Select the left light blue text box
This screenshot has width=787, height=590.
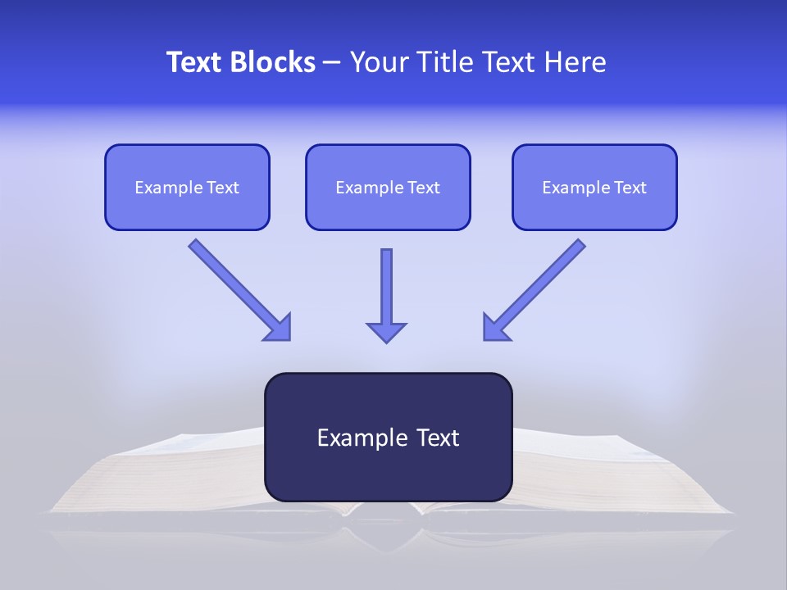tap(187, 187)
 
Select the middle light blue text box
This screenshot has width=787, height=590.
tap(388, 187)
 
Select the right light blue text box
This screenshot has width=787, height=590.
tap(594, 187)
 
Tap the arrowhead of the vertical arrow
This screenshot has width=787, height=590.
tap(386, 331)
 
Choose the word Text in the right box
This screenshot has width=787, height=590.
tap(630, 188)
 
